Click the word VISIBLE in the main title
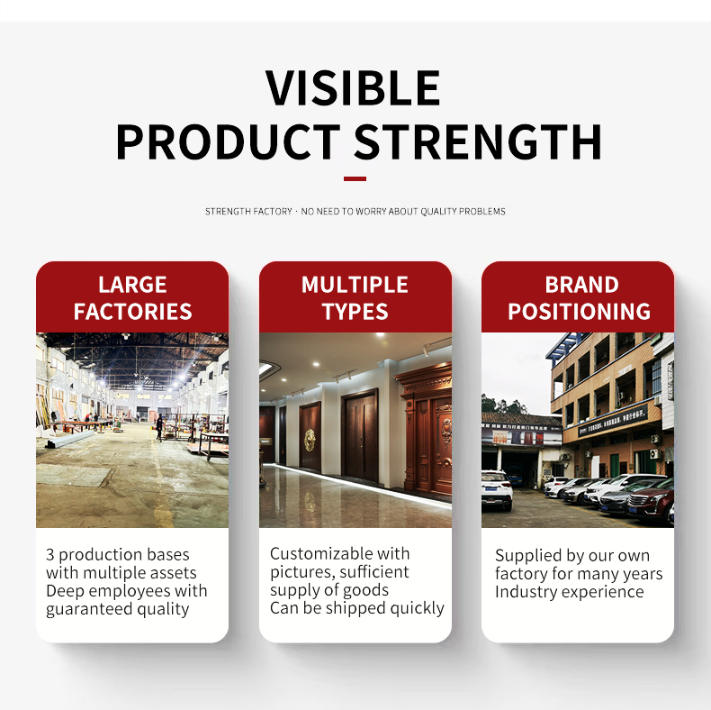[353, 87]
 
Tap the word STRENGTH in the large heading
[478, 141]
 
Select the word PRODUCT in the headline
[228, 141]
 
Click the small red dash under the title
[355, 179]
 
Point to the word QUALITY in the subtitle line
[438, 212]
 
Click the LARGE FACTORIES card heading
[132, 298]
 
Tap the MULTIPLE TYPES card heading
[355, 298]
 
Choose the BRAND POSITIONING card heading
[579, 298]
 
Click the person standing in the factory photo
[159, 428]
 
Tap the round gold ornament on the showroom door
[310, 440]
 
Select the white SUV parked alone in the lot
[497, 490]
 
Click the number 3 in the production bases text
[49, 555]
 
